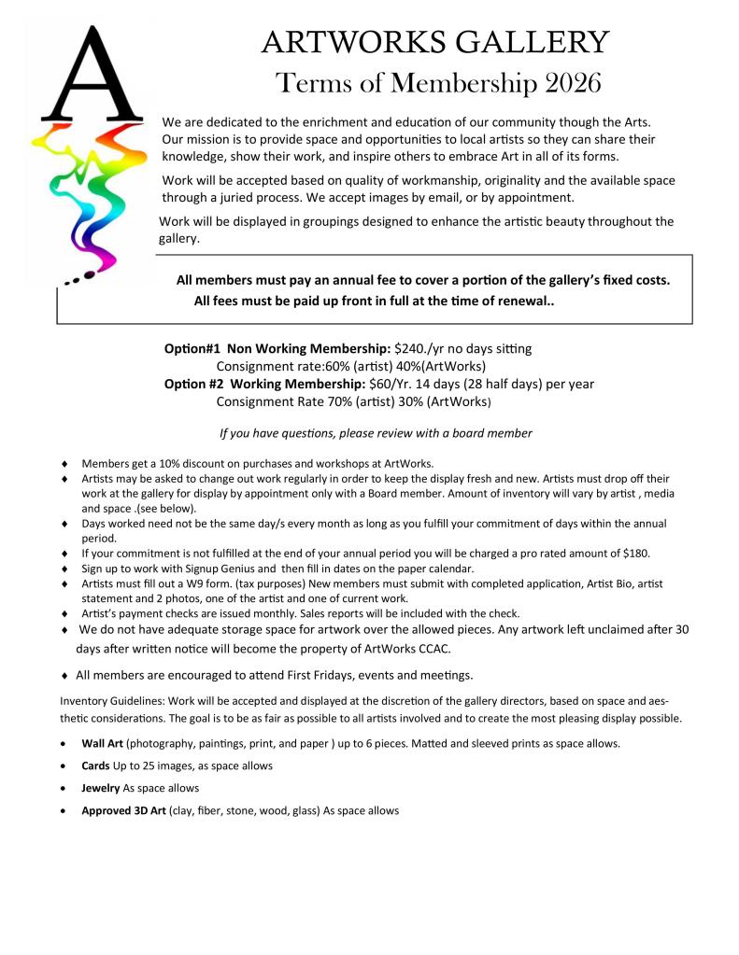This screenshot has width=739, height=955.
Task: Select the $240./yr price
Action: [421, 348]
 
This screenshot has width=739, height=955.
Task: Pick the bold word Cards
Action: [96, 765]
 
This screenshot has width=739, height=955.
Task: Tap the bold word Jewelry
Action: [101, 788]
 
